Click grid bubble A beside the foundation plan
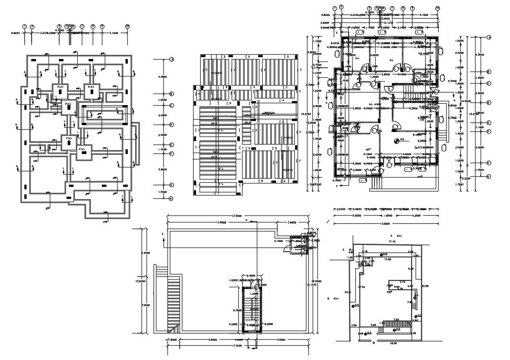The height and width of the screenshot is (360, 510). coord(171,60)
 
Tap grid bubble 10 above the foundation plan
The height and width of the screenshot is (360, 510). coord(127,26)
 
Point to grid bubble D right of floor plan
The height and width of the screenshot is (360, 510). coord(489,103)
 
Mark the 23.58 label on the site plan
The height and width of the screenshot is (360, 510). coord(425,287)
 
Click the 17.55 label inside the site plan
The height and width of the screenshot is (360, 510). coord(362,287)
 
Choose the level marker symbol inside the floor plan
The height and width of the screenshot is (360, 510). coord(396,140)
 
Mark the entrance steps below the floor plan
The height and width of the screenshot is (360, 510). coord(375,182)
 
